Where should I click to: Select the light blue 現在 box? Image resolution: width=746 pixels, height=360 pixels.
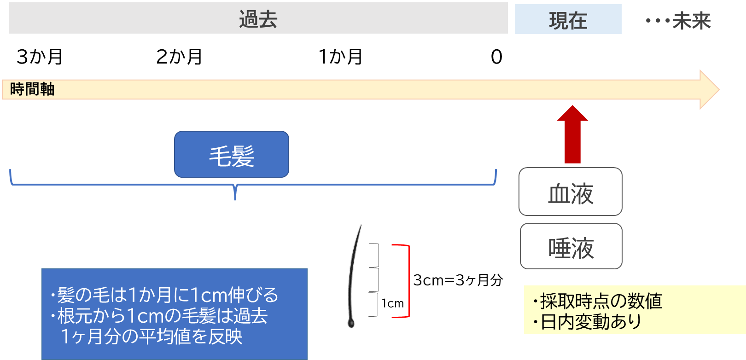pyautogui.click(x=568, y=20)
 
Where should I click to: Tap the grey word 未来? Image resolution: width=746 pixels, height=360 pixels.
pyautogui.click(x=691, y=21)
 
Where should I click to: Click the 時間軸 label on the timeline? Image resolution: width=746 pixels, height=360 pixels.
pyautogui.click(x=32, y=89)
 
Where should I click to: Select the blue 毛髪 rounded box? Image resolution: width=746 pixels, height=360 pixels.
pyautogui.click(x=232, y=155)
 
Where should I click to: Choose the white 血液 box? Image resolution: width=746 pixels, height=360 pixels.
pyautogui.click(x=571, y=192)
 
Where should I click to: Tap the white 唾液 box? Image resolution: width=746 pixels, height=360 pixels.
pyautogui.click(x=571, y=247)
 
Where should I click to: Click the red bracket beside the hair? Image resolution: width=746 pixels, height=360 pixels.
pyautogui.click(x=408, y=281)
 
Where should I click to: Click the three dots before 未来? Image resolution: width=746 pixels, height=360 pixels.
pyautogui.click(x=657, y=21)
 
